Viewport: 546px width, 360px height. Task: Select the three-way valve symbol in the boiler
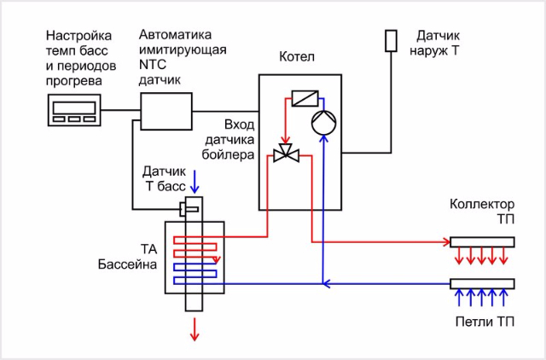284,154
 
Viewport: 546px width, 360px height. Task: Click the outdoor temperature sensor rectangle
391,41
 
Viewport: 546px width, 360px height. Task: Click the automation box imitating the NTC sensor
166,110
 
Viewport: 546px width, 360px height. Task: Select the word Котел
296,57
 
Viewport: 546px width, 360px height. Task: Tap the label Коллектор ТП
482,212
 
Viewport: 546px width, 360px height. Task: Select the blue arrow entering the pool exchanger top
195,182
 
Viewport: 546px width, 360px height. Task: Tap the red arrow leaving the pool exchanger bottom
195,328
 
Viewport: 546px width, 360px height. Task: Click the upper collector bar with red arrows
481,241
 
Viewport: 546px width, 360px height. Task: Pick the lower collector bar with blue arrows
481,283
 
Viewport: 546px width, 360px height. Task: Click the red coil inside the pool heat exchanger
195,247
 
